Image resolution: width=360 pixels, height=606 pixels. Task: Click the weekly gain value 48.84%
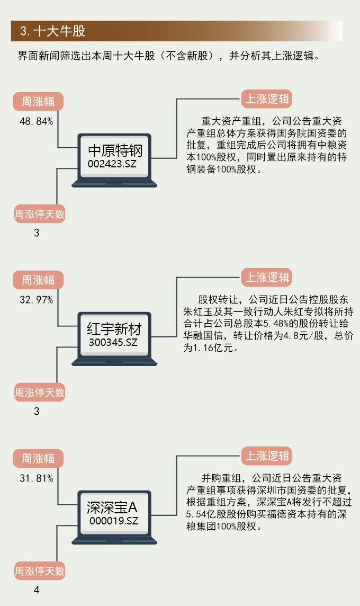[36, 121]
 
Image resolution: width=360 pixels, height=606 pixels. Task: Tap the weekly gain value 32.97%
[36, 300]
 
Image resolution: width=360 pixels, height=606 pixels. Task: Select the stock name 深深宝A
[112, 507]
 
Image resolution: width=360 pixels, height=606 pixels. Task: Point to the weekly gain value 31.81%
[36, 479]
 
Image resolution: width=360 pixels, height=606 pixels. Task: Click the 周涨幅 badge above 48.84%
[38, 101]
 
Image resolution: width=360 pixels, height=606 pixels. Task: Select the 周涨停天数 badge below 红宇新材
[39, 393]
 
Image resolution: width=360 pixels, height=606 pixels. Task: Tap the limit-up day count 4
[37, 590]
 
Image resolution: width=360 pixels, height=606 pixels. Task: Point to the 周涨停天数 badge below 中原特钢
[39, 214]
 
